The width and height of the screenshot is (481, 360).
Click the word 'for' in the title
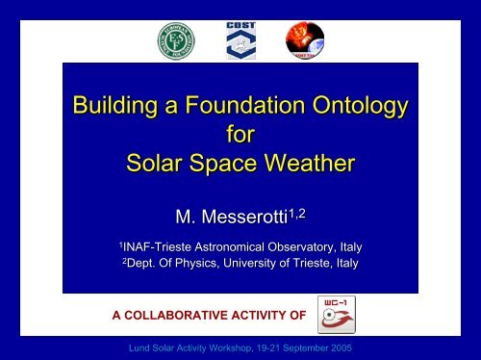(240, 134)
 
